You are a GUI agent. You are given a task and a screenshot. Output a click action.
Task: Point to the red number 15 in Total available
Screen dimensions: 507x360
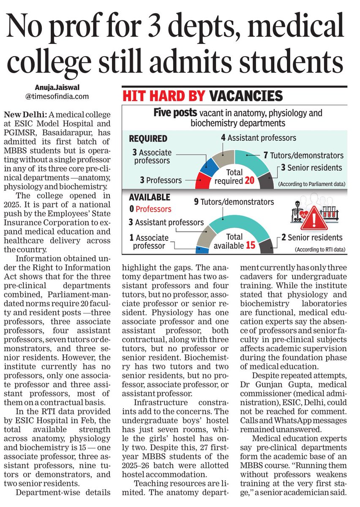point(250,245)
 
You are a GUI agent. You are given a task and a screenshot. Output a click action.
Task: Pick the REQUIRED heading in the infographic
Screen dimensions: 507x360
point(147,139)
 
